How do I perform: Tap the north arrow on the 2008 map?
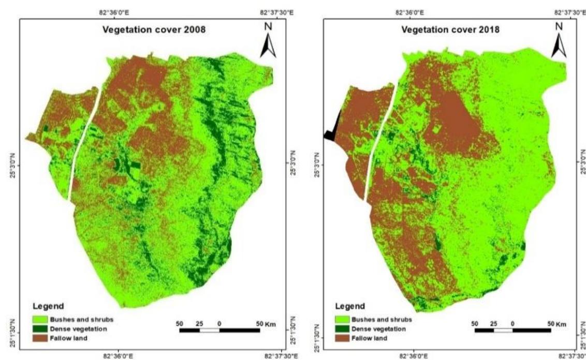tap(268, 41)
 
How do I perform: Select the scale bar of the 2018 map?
tap(512, 329)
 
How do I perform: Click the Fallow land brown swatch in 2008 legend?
tap(44, 337)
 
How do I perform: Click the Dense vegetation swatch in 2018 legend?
tap(341, 328)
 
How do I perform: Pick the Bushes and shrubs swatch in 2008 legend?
tap(44, 319)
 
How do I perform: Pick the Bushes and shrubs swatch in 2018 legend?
tap(341, 319)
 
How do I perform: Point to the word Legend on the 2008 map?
tap(48, 306)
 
